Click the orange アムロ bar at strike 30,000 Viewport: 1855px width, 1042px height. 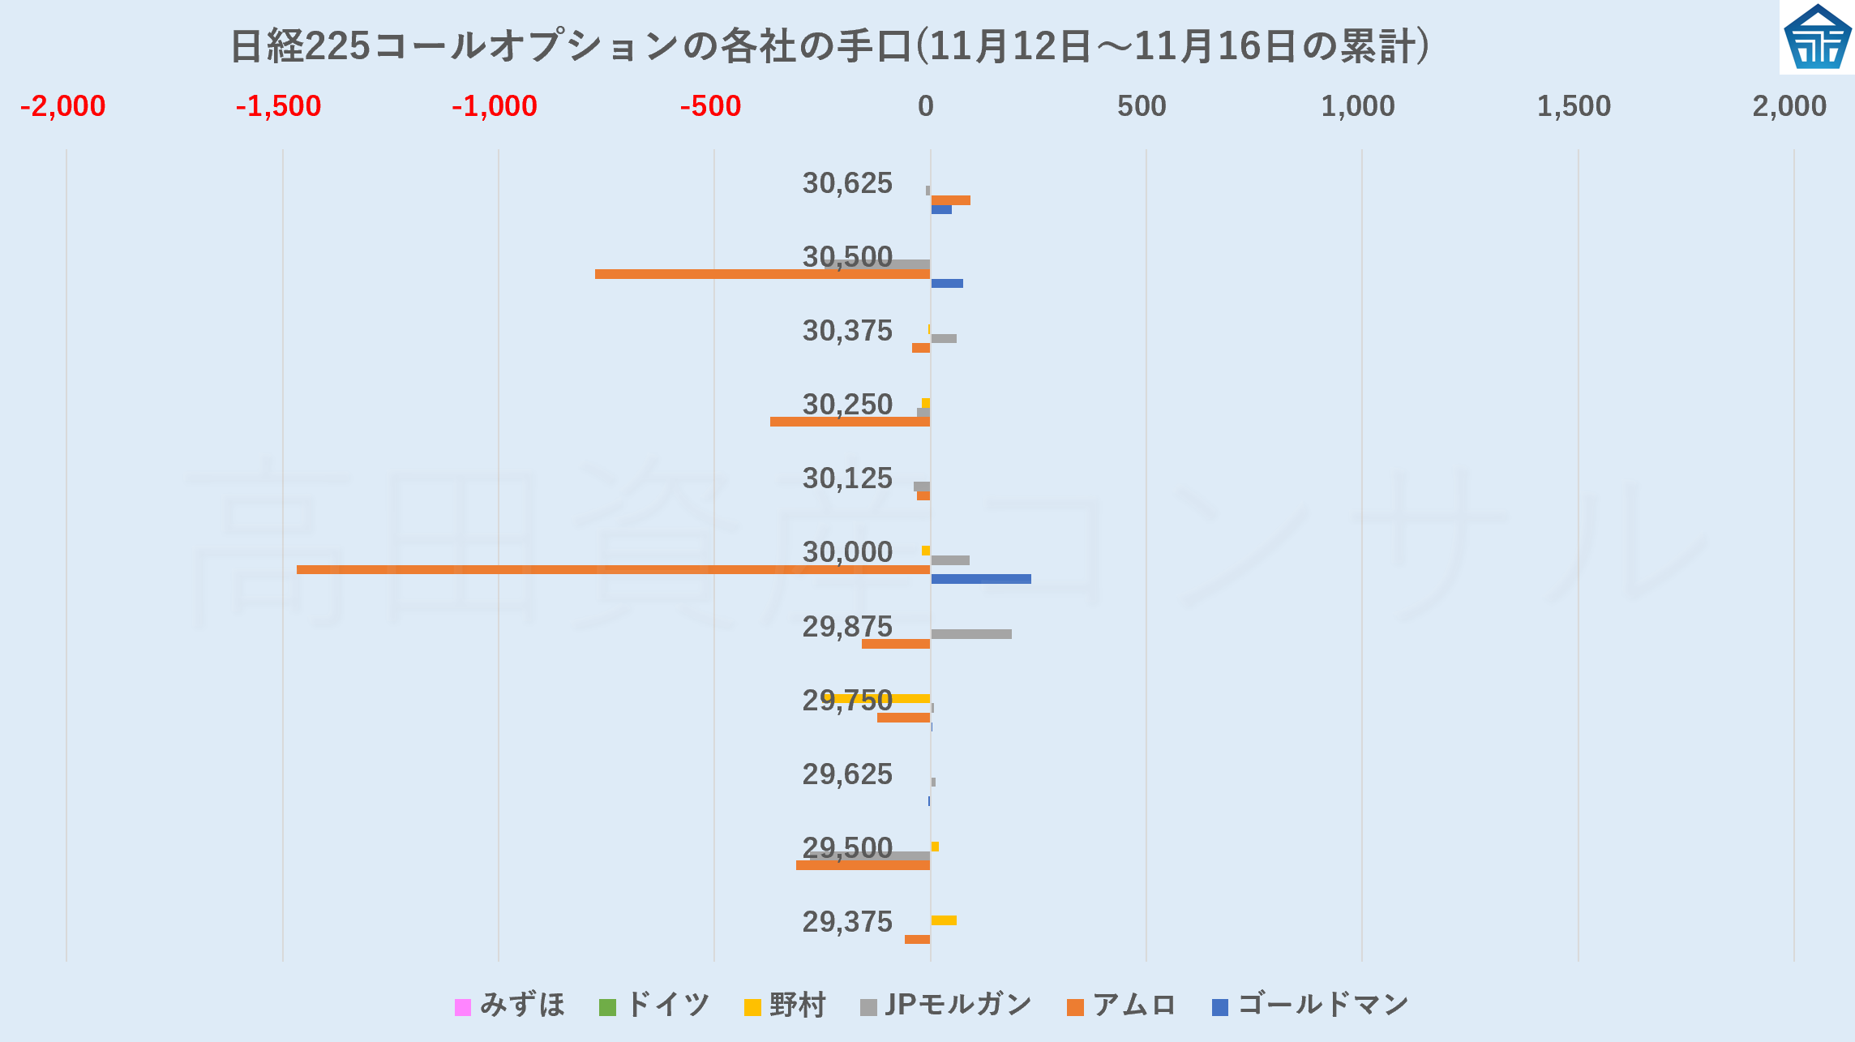[613, 569]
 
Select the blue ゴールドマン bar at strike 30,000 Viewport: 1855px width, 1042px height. [981, 579]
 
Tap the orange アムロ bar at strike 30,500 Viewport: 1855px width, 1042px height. [762, 274]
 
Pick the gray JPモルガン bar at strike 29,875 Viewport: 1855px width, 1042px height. [971, 634]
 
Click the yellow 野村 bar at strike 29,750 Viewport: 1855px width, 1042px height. [878, 698]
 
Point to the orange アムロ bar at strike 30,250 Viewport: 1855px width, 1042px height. [850, 422]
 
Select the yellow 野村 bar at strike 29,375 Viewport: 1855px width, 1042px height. [944, 920]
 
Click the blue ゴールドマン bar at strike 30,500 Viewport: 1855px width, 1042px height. [947, 284]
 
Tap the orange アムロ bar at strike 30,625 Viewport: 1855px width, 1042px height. [950, 200]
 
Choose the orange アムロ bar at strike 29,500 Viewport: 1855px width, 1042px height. [863, 865]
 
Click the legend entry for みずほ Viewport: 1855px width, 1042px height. [510, 1006]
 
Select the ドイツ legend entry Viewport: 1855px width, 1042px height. [654, 1006]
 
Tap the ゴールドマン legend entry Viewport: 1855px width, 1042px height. [1310, 1006]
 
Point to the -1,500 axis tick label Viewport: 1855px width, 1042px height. [278, 106]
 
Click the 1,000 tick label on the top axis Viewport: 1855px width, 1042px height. [1358, 106]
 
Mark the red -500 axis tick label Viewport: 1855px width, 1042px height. [710, 106]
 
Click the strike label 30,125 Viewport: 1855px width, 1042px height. [847, 478]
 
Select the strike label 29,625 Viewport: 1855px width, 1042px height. [847, 774]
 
